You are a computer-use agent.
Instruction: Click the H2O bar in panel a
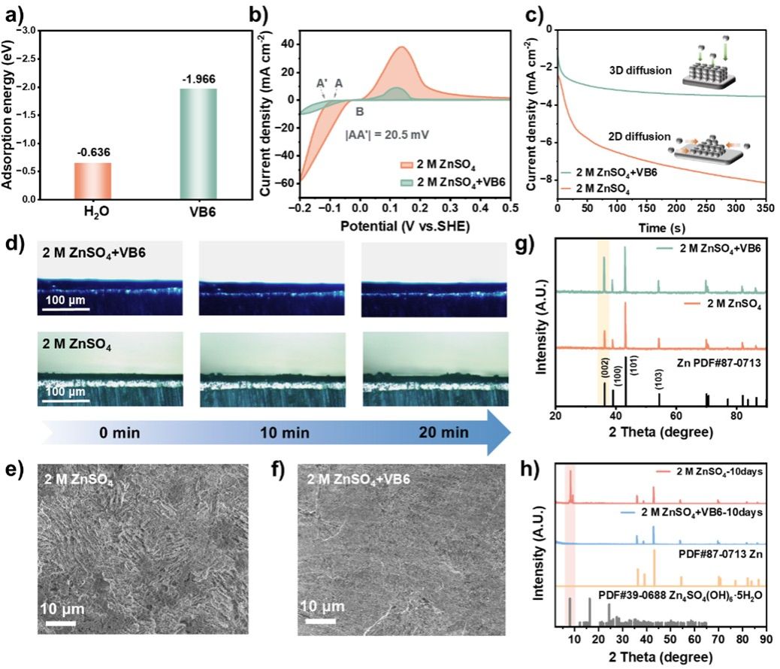tap(93, 181)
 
